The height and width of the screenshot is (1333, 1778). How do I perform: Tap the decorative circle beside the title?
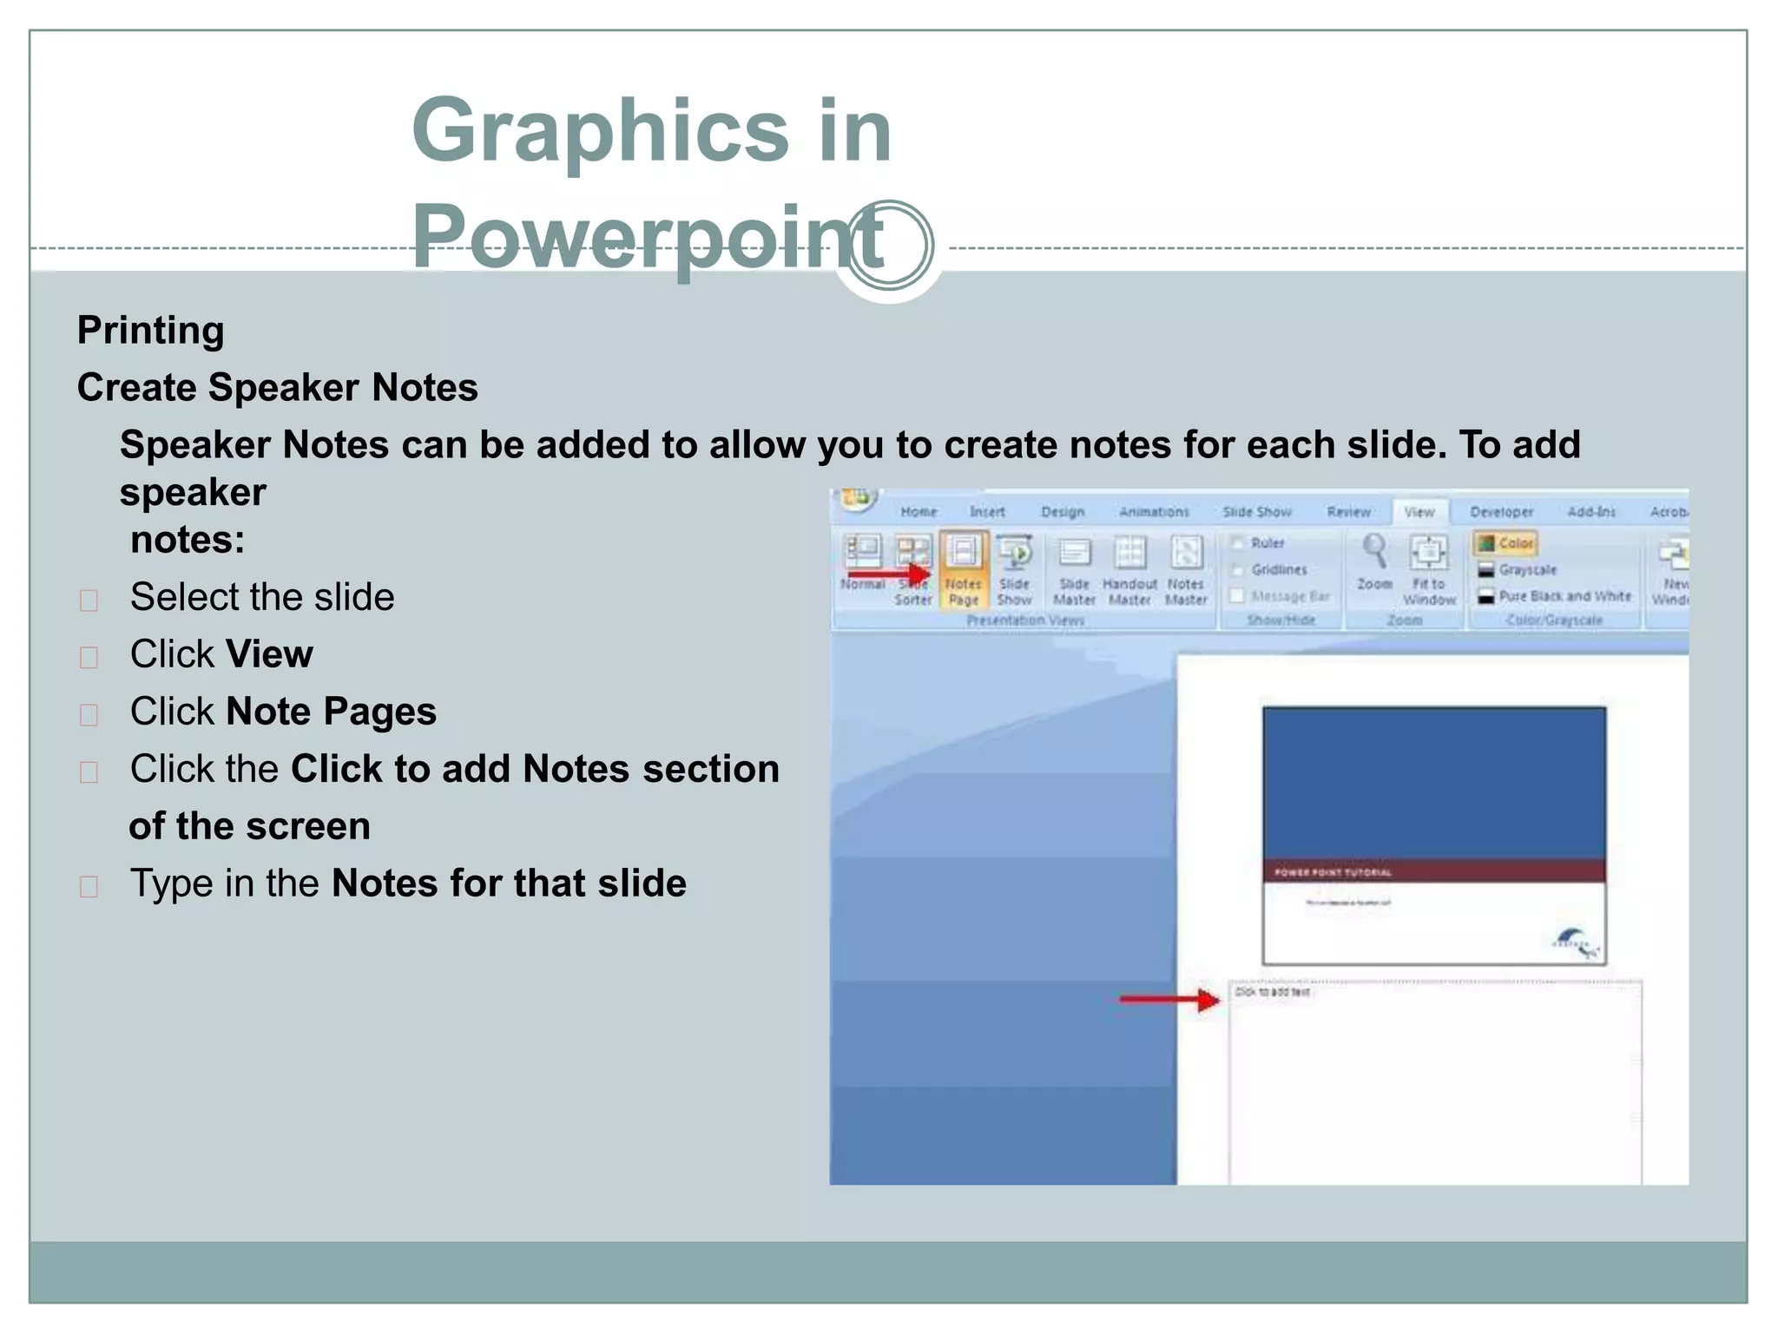pyautogui.click(x=889, y=246)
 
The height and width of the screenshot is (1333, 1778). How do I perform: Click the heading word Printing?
pyautogui.click(x=150, y=331)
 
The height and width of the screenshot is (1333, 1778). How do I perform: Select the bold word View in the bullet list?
pyautogui.click(x=269, y=654)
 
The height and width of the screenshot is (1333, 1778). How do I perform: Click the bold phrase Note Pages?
pyautogui.click(x=331, y=712)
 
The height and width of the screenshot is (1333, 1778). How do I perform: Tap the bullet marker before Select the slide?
pyautogui.click(x=89, y=601)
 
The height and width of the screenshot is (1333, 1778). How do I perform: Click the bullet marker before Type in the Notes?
pyautogui.click(x=89, y=887)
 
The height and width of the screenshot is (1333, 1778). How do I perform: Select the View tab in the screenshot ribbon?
pyautogui.click(x=1419, y=512)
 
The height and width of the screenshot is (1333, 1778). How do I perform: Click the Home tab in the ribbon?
pyautogui.click(x=919, y=512)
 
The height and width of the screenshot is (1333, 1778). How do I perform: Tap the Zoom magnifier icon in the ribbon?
pyautogui.click(x=1374, y=552)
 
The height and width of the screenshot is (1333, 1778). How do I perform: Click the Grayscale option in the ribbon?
pyautogui.click(x=1526, y=570)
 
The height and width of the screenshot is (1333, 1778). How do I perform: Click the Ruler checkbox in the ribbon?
pyautogui.click(x=1239, y=543)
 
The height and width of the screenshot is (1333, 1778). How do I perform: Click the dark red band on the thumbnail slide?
pyautogui.click(x=1433, y=871)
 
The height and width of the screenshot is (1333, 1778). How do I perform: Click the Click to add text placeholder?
pyautogui.click(x=1273, y=992)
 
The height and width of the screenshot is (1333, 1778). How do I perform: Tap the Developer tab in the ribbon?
pyautogui.click(x=1501, y=512)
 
